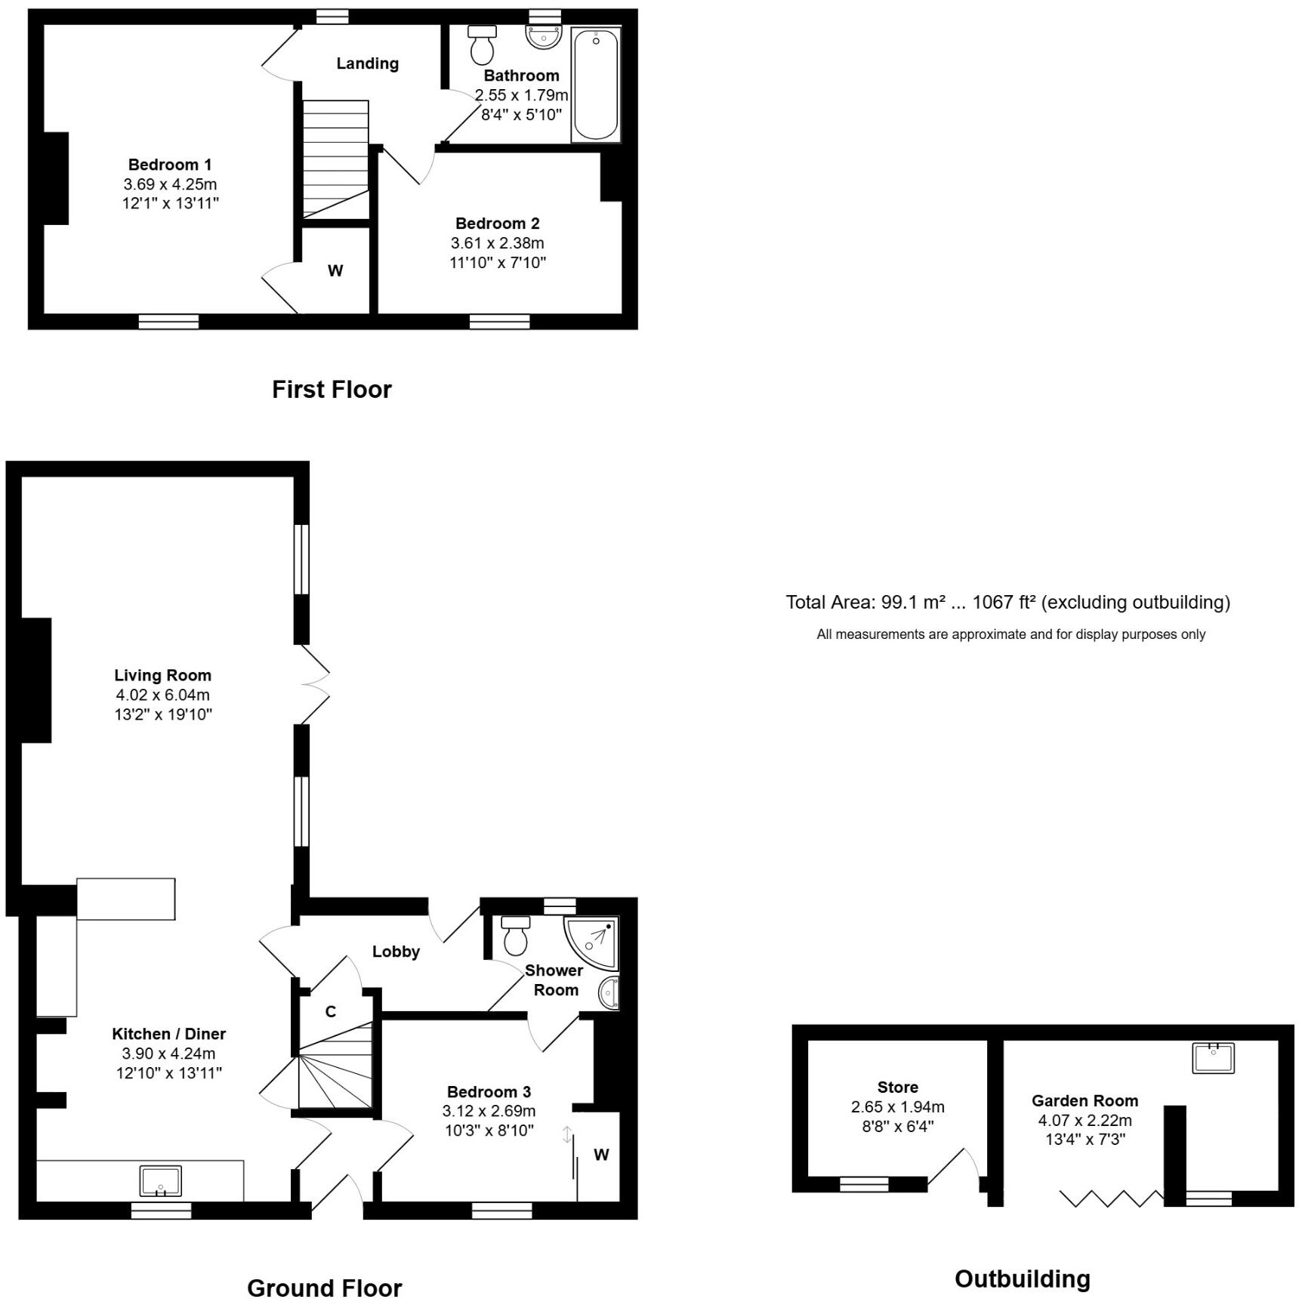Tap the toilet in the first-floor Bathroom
482,45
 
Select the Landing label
367,63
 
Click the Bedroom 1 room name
170,165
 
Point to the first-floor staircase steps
335,159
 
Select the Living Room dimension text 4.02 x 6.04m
162,695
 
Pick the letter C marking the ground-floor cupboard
331,1012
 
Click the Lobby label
396,952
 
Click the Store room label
897,1087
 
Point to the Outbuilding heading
1022,1279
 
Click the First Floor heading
332,390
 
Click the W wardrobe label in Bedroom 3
601,1155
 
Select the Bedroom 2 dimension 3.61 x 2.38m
497,243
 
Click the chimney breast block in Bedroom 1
56,178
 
